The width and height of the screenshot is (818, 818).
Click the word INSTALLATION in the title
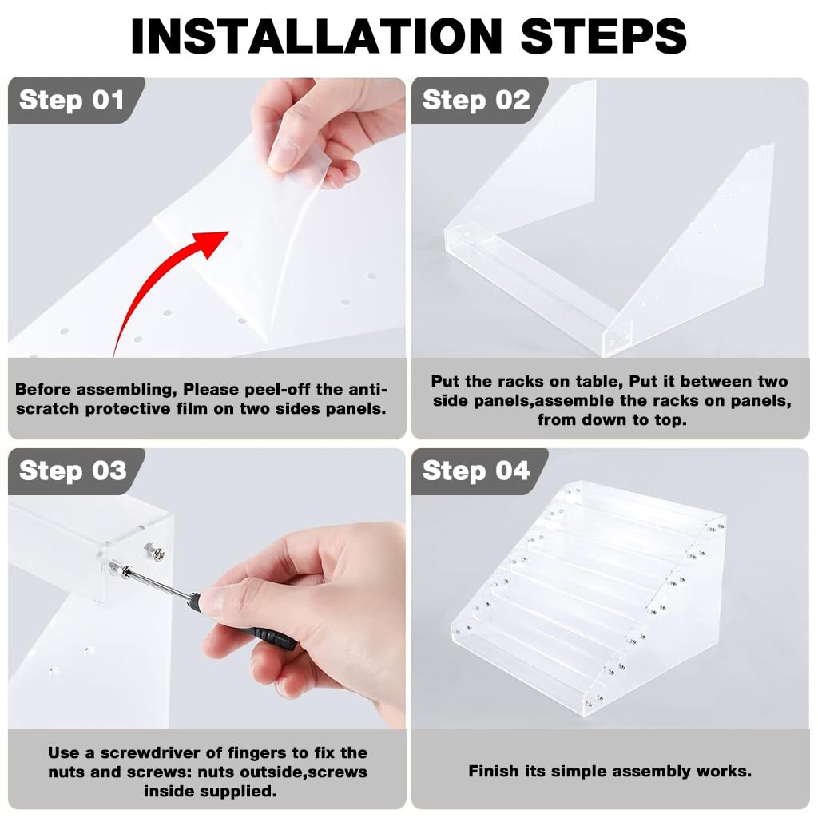point(316,36)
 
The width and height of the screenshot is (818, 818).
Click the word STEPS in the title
point(604,36)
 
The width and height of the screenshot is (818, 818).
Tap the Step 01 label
point(71,100)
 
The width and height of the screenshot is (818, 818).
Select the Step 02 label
point(476,100)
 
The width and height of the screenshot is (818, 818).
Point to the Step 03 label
point(73,471)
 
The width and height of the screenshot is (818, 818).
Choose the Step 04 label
point(476,471)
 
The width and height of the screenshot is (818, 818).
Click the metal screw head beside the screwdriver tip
point(154,551)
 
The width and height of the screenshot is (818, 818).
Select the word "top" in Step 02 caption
point(672,420)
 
